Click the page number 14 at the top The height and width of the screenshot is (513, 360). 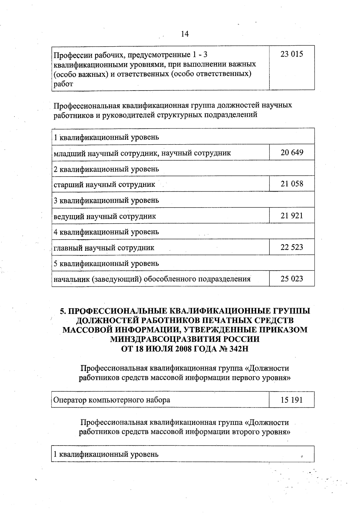point(185,34)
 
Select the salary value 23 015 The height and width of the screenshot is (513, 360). point(292,54)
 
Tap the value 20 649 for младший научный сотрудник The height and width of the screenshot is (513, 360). point(292,153)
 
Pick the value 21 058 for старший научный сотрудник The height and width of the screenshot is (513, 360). point(292,184)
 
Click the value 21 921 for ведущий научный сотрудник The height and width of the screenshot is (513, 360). point(292,216)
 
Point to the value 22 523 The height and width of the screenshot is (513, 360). point(292,247)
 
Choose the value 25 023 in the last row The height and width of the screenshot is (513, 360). point(292,279)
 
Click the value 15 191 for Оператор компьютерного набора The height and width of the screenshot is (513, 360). point(292,400)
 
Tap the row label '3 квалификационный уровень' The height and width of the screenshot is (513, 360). point(106,200)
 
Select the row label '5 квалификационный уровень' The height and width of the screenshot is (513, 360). point(106,264)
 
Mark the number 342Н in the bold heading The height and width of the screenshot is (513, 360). point(239,349)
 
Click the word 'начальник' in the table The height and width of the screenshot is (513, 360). point(71,279)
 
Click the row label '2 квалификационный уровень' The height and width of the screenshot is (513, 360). point(106,169)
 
